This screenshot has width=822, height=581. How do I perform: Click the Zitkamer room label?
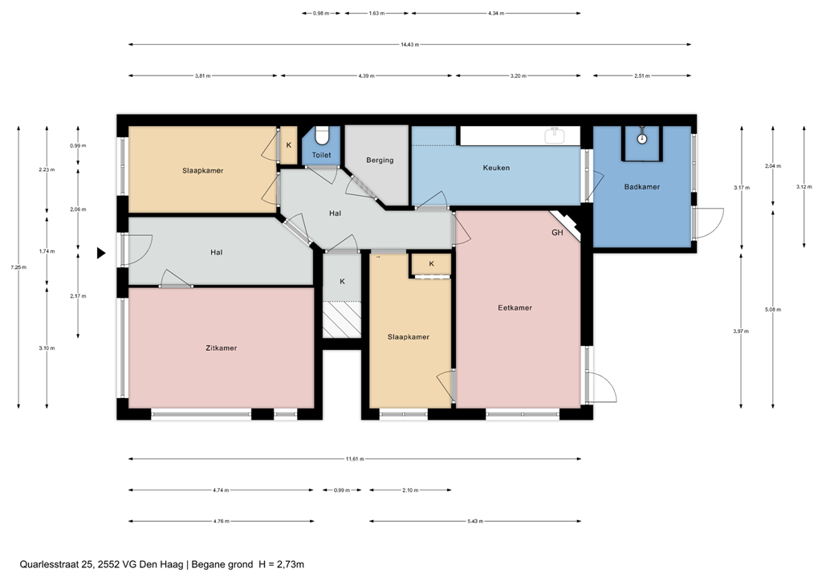pos(221,347)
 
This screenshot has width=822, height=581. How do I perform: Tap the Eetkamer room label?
pos(515,307)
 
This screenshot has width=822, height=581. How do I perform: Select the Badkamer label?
pos(641,186)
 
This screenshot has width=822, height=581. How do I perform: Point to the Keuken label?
pos(496,168)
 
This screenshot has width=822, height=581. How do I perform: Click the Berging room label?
pos(380,160)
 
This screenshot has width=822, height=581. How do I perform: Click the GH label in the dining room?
pos(557,233)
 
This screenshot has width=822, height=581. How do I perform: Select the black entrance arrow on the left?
pos(101,253)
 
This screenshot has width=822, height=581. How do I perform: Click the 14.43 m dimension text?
pos(409,45)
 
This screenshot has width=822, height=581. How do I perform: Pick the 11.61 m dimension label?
pos(355,459)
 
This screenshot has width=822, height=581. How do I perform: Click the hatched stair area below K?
pos(340,319)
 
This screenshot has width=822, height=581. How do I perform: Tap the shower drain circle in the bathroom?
pos(642,139)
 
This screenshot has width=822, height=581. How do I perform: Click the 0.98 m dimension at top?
pos(321,14)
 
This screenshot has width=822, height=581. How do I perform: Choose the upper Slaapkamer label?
pos(202,170)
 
